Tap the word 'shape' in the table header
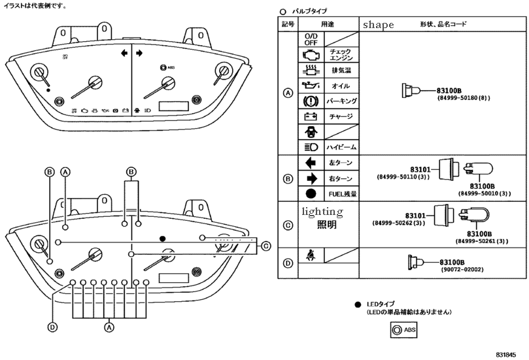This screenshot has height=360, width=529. coord(378,25)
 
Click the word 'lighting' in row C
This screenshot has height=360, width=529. coord(322,212)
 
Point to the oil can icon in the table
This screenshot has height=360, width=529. coord(310,86)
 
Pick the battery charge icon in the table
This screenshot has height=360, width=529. coord(310,117)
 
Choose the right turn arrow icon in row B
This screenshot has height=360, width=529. coord(310,178)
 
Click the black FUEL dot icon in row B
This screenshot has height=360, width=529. coord(310,194)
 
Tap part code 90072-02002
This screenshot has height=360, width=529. coord(461,269)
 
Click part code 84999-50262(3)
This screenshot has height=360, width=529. coord(399,223)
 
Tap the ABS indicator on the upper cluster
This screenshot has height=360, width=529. coord(166,67)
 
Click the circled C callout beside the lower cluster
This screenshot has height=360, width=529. coord(265,246)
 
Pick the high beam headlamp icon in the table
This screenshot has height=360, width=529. coord(310,147)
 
